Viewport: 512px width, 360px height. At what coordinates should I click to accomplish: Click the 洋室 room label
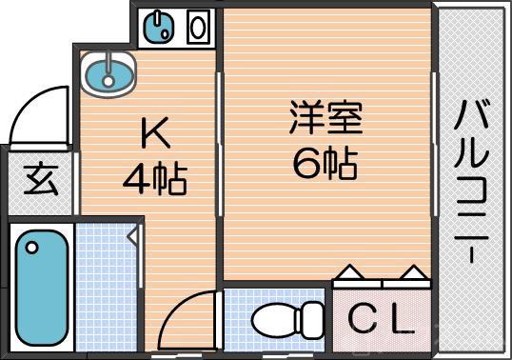[x=325, y=121]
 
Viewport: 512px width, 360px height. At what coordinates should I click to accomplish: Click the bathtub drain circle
[x=33, y=250]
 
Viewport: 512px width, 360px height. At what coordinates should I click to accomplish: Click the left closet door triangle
[x=349, y=272]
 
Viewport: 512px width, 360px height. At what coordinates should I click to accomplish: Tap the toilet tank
[x=311, y=318]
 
